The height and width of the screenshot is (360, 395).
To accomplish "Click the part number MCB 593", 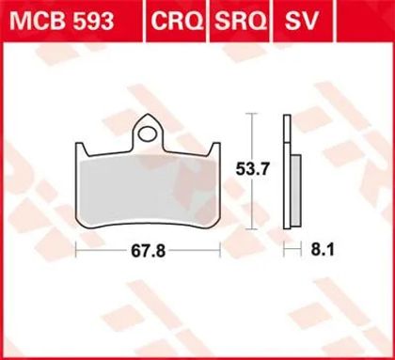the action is pyautogui.click(x=62, y=21).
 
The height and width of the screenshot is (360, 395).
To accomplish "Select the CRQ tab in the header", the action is pyautogui.click(x=177, y=21).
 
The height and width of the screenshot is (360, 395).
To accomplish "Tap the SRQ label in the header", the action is pyautogui.click(x=241, y=21).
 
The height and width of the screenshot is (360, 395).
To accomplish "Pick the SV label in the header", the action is pyautogui.click(x=302, y=21).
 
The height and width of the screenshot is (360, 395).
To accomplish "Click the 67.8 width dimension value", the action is pyautogui.click(x=148, y=251).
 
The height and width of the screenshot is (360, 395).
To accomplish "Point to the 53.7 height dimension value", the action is pyautogui.click(x=253, y=170).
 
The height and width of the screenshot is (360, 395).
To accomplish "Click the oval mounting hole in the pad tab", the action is pyautogui.click(x=148, y=134).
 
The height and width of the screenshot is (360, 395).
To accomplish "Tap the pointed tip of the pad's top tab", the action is pyautogui.click(x=148, y=114).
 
